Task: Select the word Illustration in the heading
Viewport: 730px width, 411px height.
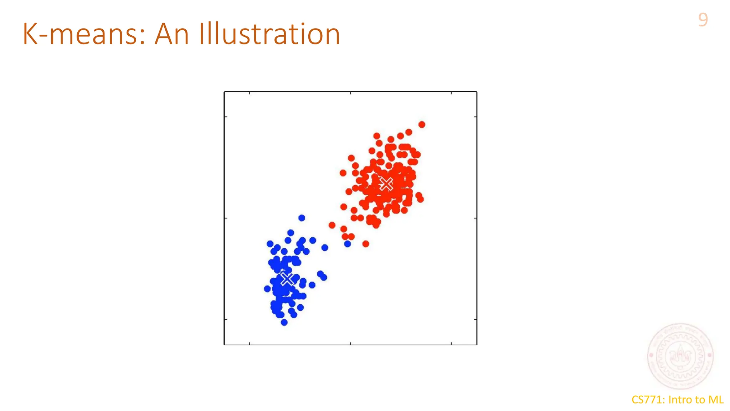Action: click(269, 34)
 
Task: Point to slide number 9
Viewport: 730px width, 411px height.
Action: click(703, 20)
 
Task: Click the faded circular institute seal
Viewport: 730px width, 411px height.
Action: click(680, 356)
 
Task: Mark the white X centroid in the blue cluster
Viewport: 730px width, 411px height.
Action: click(287, 279)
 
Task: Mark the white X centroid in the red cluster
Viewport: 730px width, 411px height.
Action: click(386, 184)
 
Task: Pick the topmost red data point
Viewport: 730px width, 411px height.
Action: click(422, 125)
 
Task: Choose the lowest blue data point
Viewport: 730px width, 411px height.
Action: click(284, 323)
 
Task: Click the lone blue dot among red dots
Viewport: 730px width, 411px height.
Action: click(348, 244)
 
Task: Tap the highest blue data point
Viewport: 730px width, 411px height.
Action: click(302, 218)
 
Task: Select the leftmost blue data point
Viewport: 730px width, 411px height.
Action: click(267, 289)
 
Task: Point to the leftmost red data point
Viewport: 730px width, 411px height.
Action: click(332, 225)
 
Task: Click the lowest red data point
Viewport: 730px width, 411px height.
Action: click(366, 244)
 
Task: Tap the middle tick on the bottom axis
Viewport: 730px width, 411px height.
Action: click(350, 343)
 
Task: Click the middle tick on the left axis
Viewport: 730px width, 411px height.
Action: click(226, 218)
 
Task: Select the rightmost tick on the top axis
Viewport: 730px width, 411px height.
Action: click(451, 93)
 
